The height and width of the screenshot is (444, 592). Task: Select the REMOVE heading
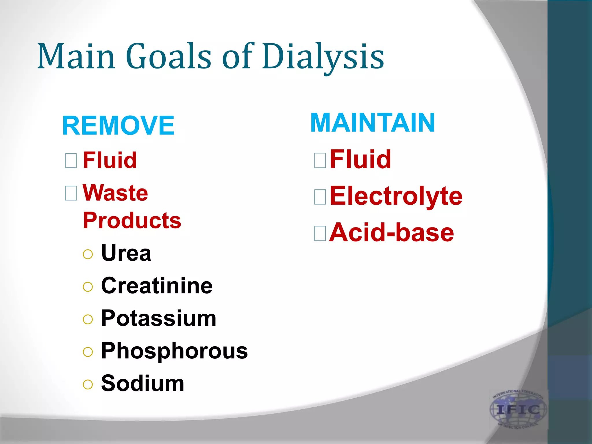tap(119, 125)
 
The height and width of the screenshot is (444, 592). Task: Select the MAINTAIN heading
tap(373, 123)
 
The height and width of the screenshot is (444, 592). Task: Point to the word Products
tap(132, 221)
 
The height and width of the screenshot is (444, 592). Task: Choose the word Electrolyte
tap(396, 196)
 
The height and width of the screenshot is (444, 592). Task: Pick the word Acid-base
tap(391, 233)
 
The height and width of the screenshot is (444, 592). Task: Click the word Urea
tap(126, 253)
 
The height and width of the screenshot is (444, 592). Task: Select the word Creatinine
tap(157, 286)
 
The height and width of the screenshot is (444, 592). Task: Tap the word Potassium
tap(159, 318)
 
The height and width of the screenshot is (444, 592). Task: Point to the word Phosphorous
tap(174, 351)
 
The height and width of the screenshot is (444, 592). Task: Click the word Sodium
tap(143, 384)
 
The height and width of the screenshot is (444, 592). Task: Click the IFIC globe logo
tap(518, 409)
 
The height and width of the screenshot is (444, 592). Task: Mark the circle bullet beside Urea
tap(88, 254)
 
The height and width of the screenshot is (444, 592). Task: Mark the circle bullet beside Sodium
tap(88, 384)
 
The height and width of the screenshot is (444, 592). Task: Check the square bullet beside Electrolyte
tap(320, 197)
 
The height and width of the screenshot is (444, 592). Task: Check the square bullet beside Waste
tap(71, 193)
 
